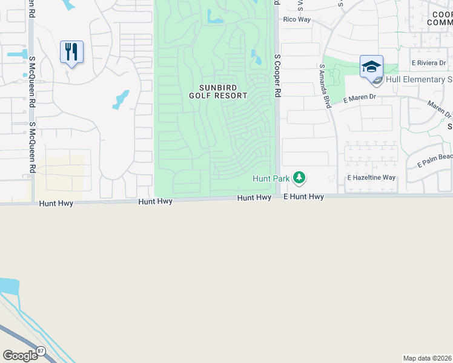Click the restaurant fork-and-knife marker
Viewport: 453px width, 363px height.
[71, 52]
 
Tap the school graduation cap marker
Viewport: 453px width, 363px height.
[371, 67]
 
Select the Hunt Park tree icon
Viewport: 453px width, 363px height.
[299, 178]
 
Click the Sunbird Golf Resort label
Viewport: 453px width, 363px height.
[218, 91]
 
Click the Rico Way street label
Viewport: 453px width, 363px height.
[297, 19]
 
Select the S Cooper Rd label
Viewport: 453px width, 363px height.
[278, 76]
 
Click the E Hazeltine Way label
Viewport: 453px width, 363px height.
[371, 178]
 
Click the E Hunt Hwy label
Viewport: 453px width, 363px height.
[303, 197]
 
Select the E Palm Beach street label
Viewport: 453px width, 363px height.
[435, 160]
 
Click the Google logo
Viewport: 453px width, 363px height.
[21, 356]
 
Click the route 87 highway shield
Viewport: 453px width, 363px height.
[41, 350]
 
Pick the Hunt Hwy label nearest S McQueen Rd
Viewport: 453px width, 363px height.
[56, 204]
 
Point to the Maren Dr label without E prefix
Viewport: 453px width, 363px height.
[439, 109]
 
